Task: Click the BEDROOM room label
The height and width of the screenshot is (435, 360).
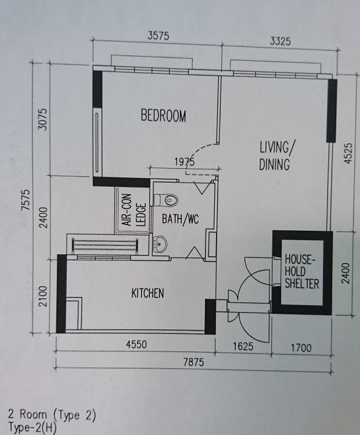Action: (163, 115)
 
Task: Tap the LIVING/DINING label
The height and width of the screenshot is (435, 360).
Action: (276, 155)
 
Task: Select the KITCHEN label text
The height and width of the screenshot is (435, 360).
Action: (147, 293)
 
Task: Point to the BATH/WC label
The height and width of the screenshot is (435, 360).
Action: (180, 219)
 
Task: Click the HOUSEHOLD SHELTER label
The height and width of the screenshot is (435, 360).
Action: (302, 271)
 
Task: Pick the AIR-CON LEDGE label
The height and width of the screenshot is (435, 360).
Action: (134, 210)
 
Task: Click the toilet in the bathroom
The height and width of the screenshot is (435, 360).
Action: (166, 200)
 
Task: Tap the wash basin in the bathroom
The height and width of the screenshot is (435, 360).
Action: (160, 244)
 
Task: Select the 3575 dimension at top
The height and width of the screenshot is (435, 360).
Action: (158, 36)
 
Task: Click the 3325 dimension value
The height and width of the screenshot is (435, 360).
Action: (280, 41)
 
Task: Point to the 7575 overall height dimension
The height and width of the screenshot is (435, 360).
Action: (26, 200)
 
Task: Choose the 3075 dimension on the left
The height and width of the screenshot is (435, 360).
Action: (42, 119)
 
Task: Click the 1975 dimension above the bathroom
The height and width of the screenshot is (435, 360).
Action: (185, 161)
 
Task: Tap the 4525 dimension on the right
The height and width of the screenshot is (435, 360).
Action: (348, 153)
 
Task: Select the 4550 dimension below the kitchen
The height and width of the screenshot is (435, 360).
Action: (136, 345)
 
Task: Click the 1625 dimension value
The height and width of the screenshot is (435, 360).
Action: (243, 346)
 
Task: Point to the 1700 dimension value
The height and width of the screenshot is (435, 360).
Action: (301, 347)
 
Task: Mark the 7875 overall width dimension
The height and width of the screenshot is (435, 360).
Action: (193, 362)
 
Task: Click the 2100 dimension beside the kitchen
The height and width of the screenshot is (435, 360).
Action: (43, 296)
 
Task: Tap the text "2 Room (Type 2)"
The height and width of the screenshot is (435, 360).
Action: (52, 415)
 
